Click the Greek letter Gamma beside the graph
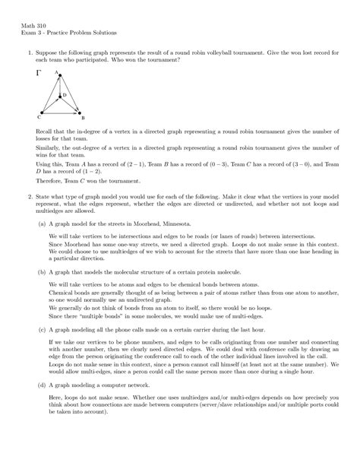39,75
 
